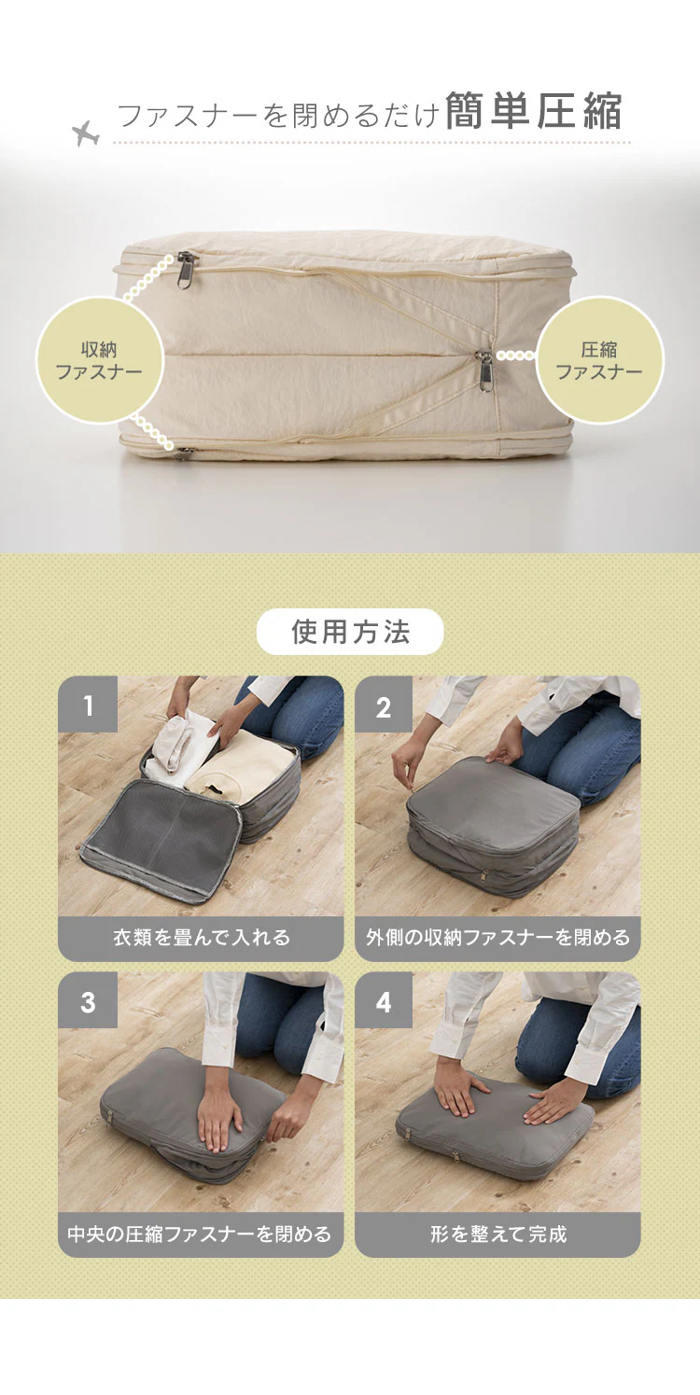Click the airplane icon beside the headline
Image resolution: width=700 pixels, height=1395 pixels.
click(x=85, y=133)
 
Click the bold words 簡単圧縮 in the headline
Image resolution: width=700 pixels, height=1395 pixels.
click(x=534, y=111)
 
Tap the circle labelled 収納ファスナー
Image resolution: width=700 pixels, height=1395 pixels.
click(x=100, y=360)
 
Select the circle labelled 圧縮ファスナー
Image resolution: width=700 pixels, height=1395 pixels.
click(x=599, y=360)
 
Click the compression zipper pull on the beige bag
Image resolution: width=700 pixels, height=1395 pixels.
click(x=484, y=371)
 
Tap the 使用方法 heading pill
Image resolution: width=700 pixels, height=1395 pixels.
click(x=350, y=632)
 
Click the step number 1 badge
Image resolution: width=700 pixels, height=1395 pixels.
click(x=88, y=704)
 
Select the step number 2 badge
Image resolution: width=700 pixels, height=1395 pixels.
click(x=384, y=704)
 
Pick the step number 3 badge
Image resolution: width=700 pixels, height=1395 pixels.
click(x=88, y=1000)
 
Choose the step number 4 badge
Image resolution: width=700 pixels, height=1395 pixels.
click(x=384, y=1000)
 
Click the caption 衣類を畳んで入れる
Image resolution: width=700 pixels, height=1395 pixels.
click(x=202, y=938)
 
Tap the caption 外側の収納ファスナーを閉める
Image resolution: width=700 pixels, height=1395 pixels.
click(x=497, y=938)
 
